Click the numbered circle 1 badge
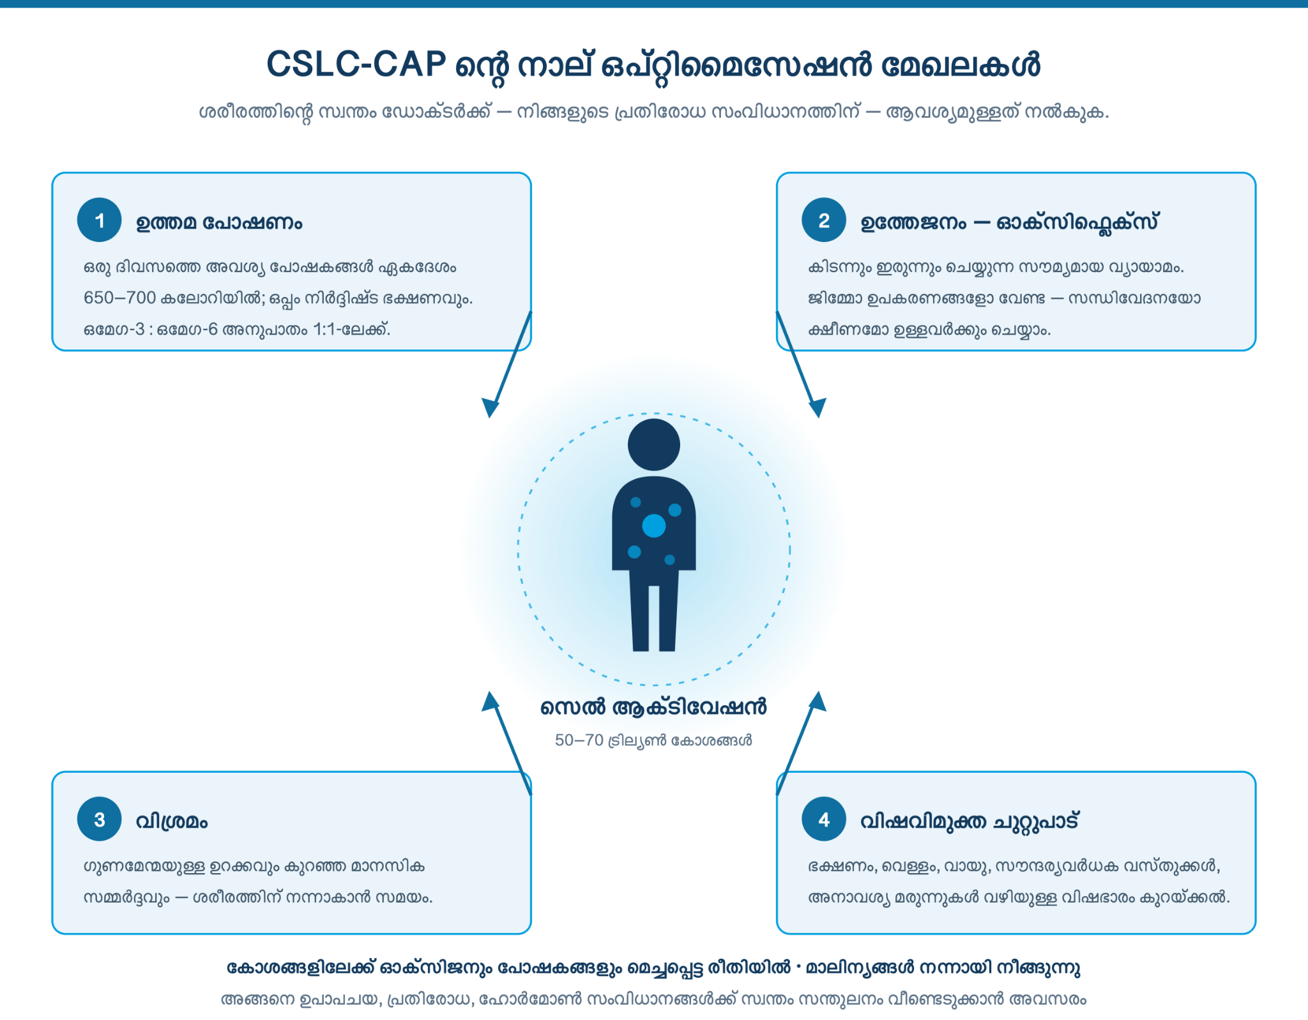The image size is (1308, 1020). click(x=100, y=220)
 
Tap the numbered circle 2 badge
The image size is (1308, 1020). click(x=824, y=220)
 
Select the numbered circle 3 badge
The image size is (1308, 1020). click(x=100, y=819)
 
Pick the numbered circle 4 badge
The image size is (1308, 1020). click(x=824, y=819)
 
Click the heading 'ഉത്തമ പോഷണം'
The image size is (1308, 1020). click(x=219, y=222)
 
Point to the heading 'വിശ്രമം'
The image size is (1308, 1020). click(x=172, y=821)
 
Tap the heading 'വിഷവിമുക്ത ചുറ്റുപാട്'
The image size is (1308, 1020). click(x=970, y=821)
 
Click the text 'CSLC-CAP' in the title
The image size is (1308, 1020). click(x=356, y=65)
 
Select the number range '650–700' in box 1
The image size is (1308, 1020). click(x=120, y=298)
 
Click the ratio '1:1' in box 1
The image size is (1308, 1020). click(x=326, y=330)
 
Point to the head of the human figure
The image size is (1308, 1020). click(x=654, y=445)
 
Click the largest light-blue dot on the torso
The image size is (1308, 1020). click(x=654, y=526)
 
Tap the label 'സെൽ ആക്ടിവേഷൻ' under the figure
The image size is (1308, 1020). click(x=653, y=707)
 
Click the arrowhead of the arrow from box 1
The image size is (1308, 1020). click(x=490, y=408)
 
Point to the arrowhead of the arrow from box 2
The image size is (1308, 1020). click(x=817, y=408)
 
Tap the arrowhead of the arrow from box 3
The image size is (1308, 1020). click(x=490, y=701)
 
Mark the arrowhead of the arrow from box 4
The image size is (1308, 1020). click(x=817, y=701)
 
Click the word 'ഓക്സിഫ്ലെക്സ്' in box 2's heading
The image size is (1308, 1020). click(x=1077, y=222)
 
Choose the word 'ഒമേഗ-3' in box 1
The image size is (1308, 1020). click(x=114, y=330)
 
